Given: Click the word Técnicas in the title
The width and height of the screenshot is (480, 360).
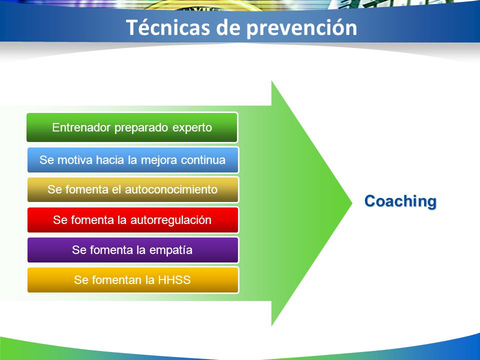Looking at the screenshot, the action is coord(168,27).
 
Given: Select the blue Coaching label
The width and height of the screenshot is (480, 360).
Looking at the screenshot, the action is coord(400,201).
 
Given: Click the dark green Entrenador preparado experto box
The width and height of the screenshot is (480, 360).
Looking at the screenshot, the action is coord(132,127).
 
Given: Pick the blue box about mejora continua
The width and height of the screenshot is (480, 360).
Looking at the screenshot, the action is coord(132,160).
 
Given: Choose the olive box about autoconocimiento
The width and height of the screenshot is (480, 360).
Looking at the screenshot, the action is coord(132,189).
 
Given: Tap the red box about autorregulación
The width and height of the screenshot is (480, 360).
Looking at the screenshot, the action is coord(132,220).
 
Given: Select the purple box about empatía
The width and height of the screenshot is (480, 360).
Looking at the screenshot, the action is coord(132,250).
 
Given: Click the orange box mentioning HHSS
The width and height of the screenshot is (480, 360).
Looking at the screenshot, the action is coord(132,280).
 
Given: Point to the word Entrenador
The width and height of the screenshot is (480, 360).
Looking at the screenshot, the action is coord(81,127).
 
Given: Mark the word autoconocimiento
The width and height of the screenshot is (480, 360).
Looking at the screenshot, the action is coord(171,189).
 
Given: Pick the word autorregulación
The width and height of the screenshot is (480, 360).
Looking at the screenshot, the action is coord(171,220).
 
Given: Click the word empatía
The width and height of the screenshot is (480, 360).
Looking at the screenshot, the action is coord(171,250).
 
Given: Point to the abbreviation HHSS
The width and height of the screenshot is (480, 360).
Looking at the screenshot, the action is coord(174,280).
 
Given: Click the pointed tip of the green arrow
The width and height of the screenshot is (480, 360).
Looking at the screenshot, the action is coord(352,203).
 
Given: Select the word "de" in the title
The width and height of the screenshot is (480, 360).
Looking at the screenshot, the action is coord(228,27).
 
